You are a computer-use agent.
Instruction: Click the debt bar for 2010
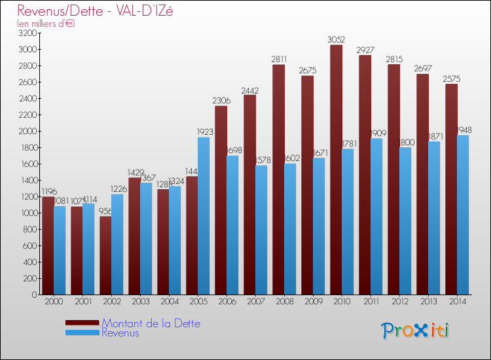click(x=336, y=170)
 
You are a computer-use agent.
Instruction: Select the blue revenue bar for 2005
click(x=204, y=216)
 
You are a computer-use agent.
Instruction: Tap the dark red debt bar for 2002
click(x=105, y=255)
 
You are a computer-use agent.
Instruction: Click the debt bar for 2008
click(x=278, y=180)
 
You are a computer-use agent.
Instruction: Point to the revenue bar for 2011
click(x=376, y=217)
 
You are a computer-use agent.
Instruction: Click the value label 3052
click(x=336, y=40)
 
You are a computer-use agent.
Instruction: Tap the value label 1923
click(x=205, y=132)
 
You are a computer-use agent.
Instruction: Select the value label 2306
click(x=221, y=101)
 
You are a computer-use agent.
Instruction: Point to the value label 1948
click(x=464, y=130)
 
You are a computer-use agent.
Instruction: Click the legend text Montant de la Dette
click(x=151, y=323)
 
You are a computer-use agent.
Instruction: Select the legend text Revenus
click(x=120, y=333)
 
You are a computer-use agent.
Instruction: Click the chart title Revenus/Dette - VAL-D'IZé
click(x=95, y=11)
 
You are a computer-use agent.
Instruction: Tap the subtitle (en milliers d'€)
click(x=46, y=24)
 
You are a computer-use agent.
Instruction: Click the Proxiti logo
click(x=415, y=331)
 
